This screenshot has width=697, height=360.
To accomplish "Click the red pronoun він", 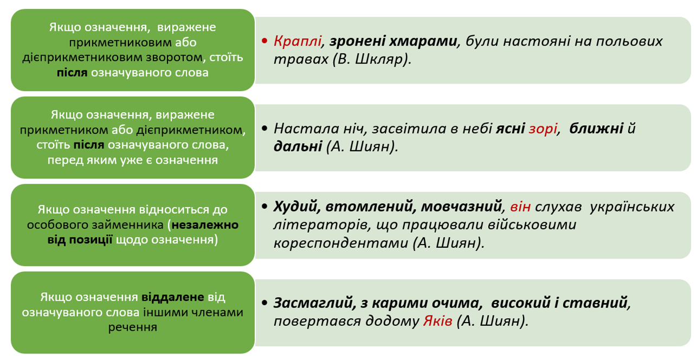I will pos(520,207).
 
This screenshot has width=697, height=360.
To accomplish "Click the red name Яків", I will pos(437,321).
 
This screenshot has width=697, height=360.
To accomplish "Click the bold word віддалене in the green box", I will pos(173,297).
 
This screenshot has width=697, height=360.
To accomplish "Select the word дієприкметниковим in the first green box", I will pos(87,57).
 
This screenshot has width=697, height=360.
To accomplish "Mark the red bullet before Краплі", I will pos(264,42).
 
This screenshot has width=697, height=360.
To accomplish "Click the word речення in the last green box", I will pos(133,327).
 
